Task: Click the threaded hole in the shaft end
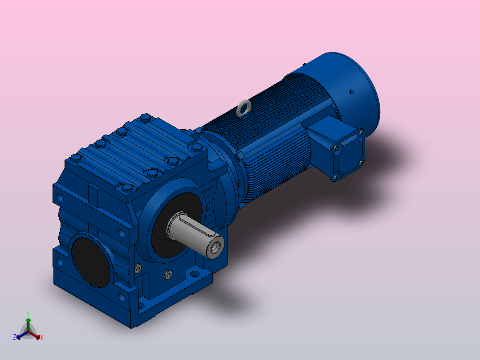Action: point(216,246)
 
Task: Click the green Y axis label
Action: point(28,314)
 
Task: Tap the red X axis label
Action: point(42,337)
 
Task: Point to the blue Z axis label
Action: point(14,337)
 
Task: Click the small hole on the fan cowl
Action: point(351,92)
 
